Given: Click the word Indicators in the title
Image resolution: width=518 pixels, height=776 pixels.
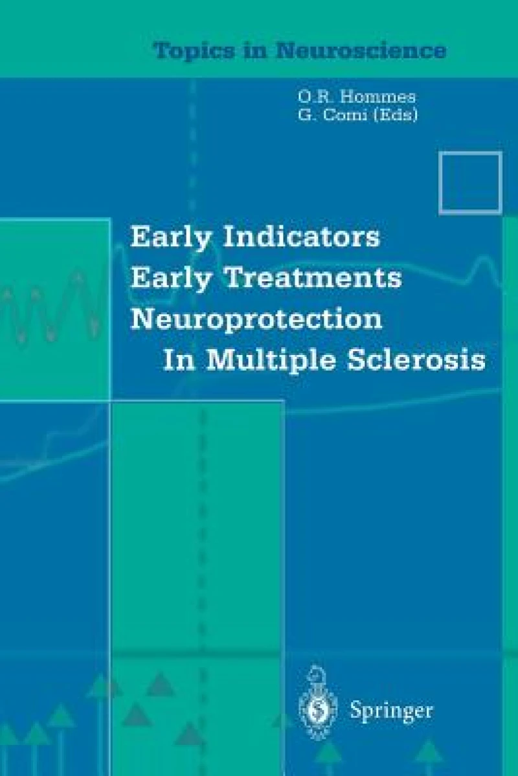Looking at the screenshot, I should click(x=300, y=238).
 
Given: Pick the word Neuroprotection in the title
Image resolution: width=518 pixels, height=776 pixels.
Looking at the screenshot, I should click(x=256, y=320).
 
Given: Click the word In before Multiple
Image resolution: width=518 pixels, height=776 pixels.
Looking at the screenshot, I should click(x=175, y=360).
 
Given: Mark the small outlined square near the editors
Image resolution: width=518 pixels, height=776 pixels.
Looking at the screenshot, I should click(x=471, y=183).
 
